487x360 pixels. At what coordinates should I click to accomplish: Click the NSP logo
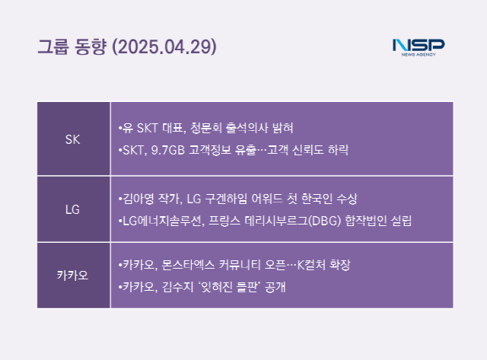419,47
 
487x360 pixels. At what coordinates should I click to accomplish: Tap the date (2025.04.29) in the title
164,47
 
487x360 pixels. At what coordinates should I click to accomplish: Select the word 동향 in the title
91,47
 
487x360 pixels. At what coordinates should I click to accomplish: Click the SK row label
73,139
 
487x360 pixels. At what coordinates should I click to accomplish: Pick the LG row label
73,209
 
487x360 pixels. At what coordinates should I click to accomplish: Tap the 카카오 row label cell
73,276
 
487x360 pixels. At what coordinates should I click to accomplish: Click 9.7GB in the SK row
167,150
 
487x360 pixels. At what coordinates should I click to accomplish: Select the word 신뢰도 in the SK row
308,150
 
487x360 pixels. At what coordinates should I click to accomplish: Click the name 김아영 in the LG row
138,199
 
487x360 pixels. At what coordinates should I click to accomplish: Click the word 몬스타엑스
188,265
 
